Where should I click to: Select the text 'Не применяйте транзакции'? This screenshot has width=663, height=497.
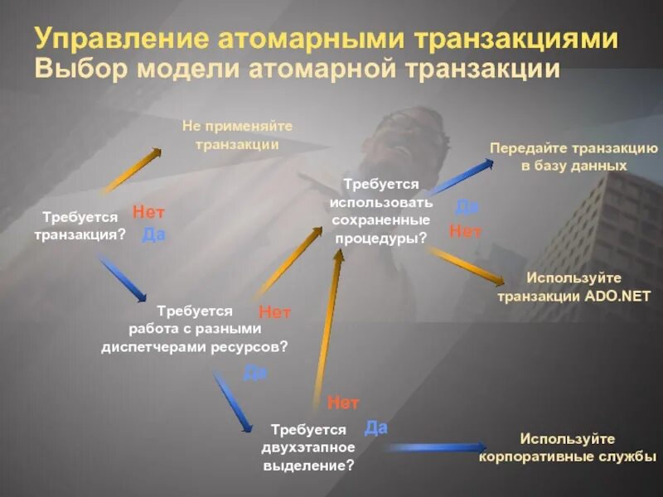(x=237, y=134)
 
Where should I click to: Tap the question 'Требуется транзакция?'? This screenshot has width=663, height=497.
(x=80, y=225)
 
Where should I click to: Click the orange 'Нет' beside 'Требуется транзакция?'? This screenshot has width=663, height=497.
(x=148, y=212)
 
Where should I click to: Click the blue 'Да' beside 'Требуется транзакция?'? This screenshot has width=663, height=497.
(x=153, y=234)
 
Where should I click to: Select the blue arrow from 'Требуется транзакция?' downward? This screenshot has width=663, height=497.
(x=123, y=278)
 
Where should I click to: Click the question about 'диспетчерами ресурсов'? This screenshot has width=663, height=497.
(x=195, y=329)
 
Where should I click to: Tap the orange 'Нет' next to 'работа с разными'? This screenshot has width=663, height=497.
(x=274, y=312)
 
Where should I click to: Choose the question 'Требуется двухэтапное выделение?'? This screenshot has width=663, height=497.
(x=308, y=447)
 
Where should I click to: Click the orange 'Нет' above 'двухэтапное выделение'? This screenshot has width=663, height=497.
(x=343, y=403)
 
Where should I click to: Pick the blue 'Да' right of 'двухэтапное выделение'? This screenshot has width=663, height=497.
(x=375, y=427)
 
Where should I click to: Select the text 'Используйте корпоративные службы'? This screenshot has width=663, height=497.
(x=568, y=447)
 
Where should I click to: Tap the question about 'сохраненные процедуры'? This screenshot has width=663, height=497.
(x=381, y=210)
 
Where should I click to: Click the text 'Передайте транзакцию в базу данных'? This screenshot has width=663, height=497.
(x=573, y=157)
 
